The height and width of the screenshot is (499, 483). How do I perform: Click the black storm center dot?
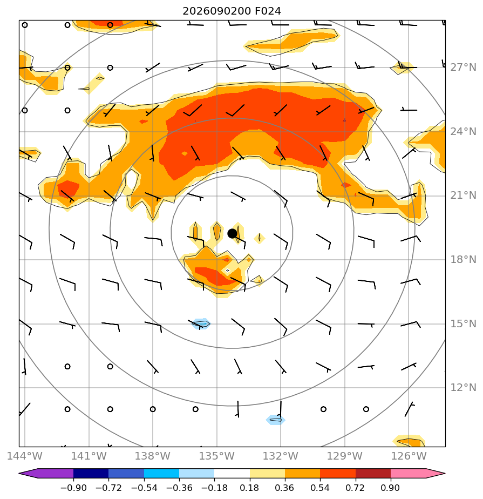(x=232, y=234)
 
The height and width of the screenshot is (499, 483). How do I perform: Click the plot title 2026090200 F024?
(x=232, y=11)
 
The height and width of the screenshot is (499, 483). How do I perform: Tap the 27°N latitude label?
(x=463, y=68)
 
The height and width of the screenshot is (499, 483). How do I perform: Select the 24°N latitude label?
(x=463, y=131)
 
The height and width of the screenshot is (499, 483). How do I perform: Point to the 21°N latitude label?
(x=463, y=195)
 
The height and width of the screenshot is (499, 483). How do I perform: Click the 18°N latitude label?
(x=463, y=260)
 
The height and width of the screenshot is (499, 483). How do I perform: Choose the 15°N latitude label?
(x=463, y=324)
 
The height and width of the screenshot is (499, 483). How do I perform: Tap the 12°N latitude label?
(x=463, y=388)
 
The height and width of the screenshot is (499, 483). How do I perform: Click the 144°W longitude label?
(x=24, y=456)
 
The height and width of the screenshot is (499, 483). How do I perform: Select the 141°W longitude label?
(x=89, y=456)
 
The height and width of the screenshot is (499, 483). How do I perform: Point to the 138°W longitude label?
(x=153, y=456)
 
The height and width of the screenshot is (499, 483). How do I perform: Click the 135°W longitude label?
(x=217, y=456)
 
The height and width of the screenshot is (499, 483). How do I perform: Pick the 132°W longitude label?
(x=281, y=456)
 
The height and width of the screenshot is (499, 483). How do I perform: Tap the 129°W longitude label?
(x=345, y=456)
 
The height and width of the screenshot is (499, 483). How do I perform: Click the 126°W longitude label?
(x=409, y=456)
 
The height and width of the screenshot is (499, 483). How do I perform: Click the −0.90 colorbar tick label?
(x=73, y=488)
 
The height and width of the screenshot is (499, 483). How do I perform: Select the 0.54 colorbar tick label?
(x=320, y=488)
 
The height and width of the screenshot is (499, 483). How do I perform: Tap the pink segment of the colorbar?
(x=408, y=473)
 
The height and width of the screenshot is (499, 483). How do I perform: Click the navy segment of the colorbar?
(x=91, y=473)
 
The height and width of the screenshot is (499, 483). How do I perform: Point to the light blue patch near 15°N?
(x=201, y=323)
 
